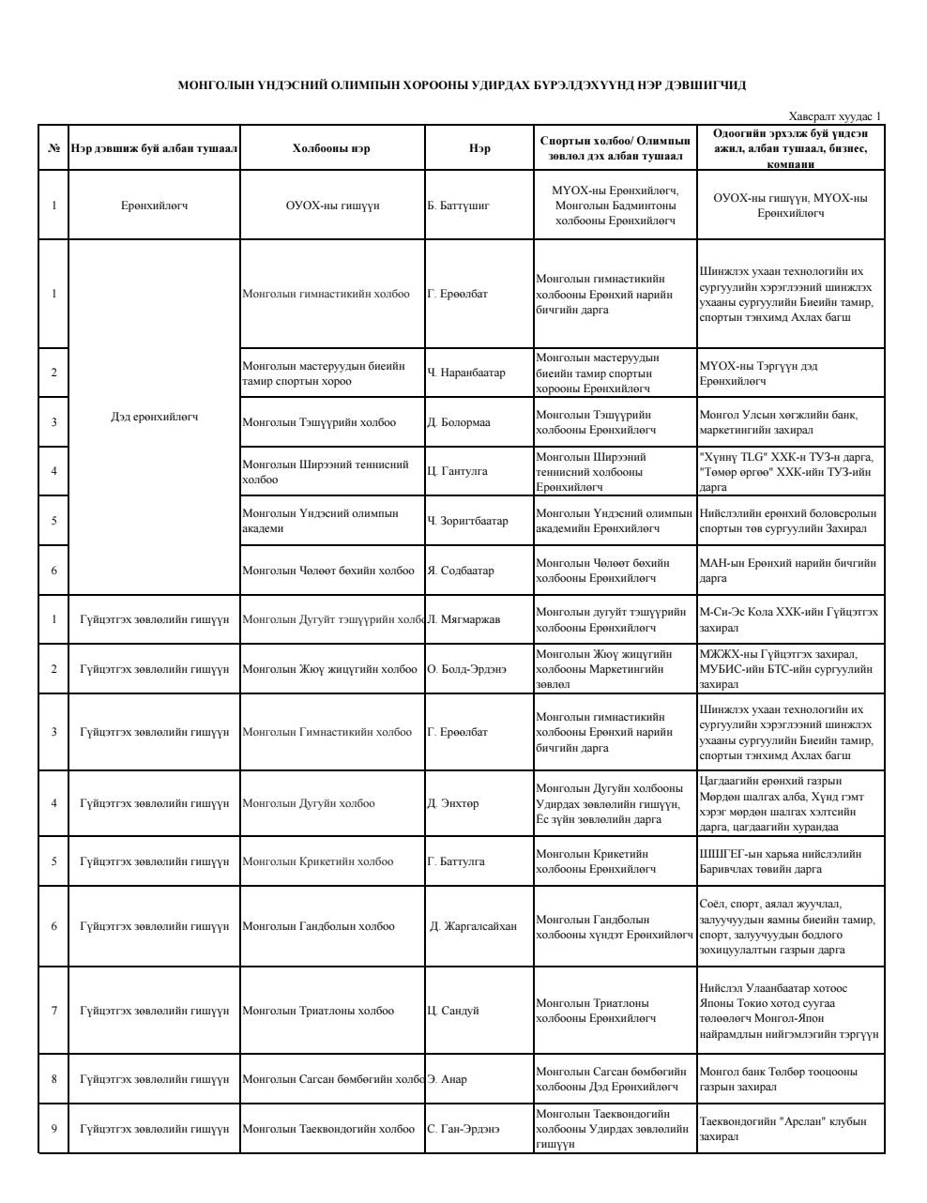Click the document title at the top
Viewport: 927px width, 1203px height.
click(462, 85)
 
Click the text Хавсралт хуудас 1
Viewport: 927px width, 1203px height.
click(835, 116)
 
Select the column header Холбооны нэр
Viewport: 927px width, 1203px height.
click(331, 148)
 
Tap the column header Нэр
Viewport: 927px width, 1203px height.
click(479, 148)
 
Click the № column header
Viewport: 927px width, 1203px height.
click(53, 148)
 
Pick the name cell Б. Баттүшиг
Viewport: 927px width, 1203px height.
click(458, 206)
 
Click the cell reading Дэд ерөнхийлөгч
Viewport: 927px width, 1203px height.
click(154, 417)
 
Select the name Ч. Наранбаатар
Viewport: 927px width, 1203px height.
click(466, 373)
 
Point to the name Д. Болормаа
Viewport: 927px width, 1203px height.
click(459, 422)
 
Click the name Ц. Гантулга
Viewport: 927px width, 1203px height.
click(458, 471)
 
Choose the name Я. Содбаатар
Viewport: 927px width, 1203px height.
click(461, 571)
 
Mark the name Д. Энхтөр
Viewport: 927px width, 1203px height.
click(453, 803)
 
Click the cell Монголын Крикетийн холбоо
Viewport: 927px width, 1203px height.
click(318, 861)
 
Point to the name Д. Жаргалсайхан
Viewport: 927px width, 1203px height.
click(473, 926)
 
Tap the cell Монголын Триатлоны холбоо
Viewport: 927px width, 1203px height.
click(318, 1011)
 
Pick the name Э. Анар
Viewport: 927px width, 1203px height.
click(448, 1079)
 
